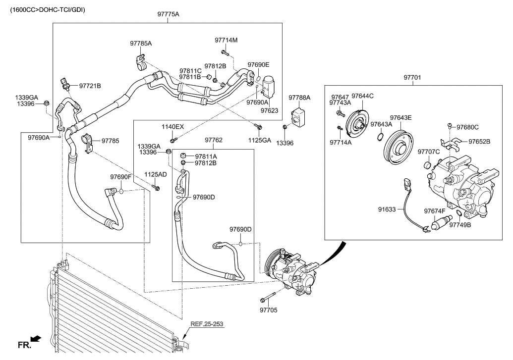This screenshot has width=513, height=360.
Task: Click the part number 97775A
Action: (168, 14)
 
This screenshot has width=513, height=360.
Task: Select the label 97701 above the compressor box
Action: (412, 78)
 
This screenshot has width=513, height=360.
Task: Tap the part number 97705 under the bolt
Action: (269, 310)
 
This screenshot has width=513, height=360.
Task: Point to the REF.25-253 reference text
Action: (207, 324)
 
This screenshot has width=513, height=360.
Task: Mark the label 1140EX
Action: (172, 127)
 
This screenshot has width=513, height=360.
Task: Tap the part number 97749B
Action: (460, 224)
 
